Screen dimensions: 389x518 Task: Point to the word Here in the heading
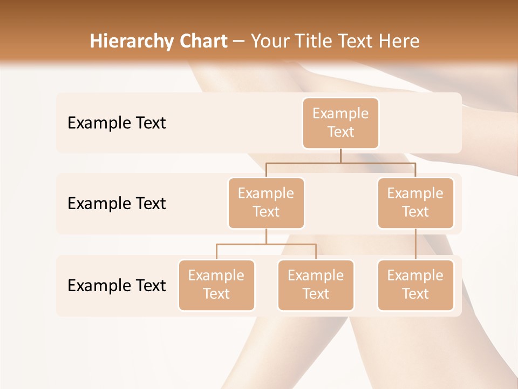pos(398,41)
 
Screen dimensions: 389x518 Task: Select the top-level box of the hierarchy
pos(340,123)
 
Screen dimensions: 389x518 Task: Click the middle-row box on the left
pos(266,203)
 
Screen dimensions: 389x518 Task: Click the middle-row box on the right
pos(415,203)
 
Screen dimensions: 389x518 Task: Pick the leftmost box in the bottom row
pos(216,285)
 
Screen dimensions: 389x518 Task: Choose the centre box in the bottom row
pos(316,285)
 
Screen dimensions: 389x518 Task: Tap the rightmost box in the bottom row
pos(415,285)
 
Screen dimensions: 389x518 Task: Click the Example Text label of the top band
pos(117,123)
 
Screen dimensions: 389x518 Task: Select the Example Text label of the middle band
pos(117,204)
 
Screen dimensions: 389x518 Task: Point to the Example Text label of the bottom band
pos(117,285)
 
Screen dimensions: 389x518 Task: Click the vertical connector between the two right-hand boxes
pos(415,244)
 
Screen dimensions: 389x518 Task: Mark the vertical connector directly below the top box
pos(340,156)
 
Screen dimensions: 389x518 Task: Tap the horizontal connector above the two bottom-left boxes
pos(266,244)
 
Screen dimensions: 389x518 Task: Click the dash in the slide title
pos(239,41)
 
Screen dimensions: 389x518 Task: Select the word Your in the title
pos(269,41)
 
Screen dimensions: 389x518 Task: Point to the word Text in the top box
pos(340,132)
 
